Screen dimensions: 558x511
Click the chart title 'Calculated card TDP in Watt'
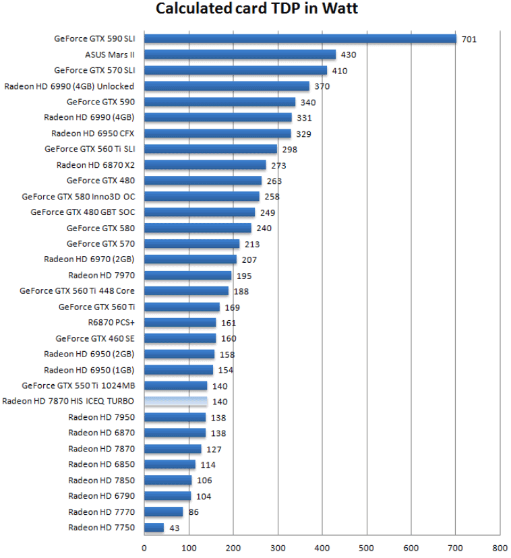257,9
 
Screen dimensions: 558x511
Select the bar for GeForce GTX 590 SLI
300,38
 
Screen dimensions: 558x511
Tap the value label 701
469,39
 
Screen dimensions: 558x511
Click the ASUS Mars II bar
240,55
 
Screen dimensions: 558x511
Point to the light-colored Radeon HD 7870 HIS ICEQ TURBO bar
175,401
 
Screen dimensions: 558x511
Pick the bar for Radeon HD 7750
154,527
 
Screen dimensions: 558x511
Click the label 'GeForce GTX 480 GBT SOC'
82,212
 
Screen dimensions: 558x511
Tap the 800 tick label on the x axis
500,549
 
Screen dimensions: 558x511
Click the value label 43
175,528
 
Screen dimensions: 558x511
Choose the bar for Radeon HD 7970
187,275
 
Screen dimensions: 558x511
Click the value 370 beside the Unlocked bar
322,86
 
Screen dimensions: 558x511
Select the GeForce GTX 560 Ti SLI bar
210,149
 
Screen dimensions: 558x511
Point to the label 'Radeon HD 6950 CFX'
92,133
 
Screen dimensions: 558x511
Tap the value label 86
193,512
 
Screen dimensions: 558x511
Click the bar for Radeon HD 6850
169,464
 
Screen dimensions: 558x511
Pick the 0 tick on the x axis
144,549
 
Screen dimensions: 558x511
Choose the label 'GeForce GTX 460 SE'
94,338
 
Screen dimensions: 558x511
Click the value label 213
252,244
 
